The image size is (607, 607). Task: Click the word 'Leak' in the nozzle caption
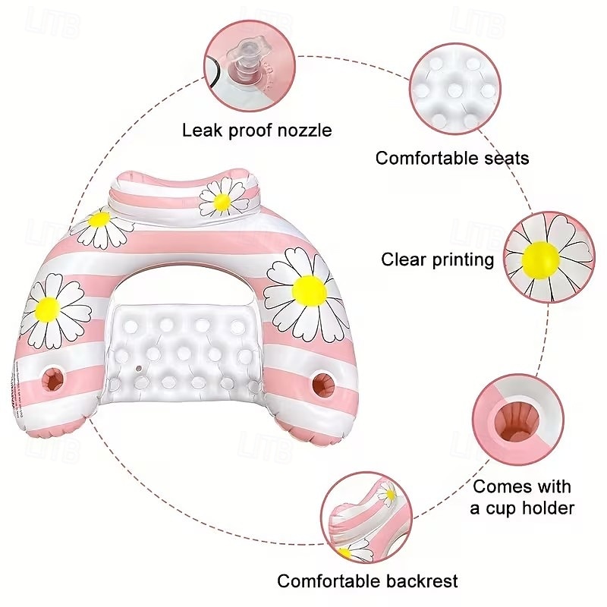pos(203,130)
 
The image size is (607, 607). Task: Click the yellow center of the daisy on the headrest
pos(222,202)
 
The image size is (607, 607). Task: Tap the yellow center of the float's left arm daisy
pos(49,309)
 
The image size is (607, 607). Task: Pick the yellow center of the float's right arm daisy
pos(310,291)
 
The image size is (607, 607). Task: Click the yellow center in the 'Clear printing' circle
pos(540,260)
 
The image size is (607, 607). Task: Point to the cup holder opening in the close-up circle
pos(517,422)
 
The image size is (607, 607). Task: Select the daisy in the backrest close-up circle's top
pos(388,494)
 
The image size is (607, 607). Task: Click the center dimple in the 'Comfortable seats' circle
pos(455,90)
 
